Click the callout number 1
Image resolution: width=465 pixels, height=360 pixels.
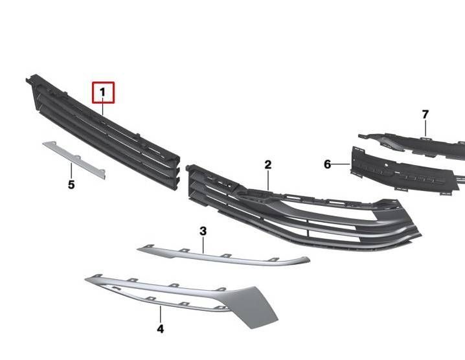[x=102, y=93]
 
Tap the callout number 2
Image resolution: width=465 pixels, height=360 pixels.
[x=267, y=165]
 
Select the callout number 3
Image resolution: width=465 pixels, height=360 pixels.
[x=203, y=231]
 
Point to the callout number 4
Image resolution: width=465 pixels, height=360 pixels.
[x=160, y=329]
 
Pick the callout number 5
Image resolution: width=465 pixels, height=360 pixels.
[x=71, y=185]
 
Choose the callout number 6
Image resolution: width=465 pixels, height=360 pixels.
[x=328, y=164]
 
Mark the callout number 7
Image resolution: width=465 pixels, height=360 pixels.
[x=425, y=115]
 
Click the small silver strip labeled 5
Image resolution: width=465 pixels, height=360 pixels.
[x=74, y=159]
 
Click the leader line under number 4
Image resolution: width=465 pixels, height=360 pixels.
[x=161, y=315]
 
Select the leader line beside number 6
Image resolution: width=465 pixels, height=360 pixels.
[x=341, y=164]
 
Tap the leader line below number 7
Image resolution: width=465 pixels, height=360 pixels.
[x=425, y=128]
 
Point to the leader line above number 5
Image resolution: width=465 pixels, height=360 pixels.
[x=71, y=171]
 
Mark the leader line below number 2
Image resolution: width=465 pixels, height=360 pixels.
[x=268, y=180]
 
